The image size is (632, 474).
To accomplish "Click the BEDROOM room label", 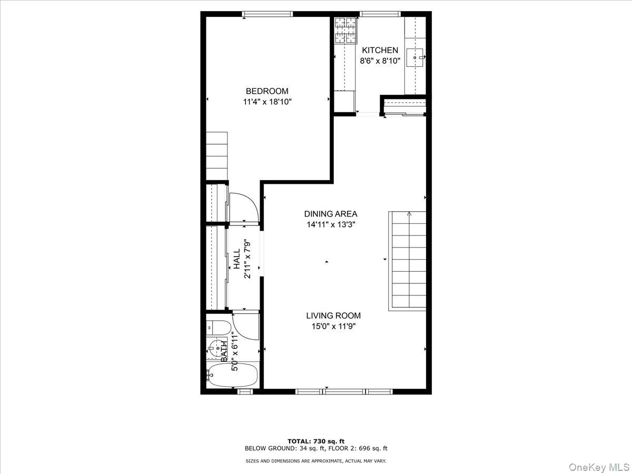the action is click(x=267, y=91).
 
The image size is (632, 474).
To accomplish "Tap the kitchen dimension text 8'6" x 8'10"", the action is click(x=380, y=61).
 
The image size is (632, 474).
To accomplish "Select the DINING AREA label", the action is click(x=331, y=214).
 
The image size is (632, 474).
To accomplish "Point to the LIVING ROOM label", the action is click(x=333, y=315).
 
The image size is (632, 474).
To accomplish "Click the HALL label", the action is click(x=236, y=259).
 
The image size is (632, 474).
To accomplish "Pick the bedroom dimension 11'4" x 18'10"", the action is click(x=267, y=102).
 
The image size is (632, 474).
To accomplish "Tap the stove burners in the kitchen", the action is click(x=345, y=31).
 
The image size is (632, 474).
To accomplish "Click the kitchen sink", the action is click(x=415, y=57).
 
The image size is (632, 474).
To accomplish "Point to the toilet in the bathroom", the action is click(x=219, y=328).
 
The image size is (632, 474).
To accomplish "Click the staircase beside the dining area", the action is click(x=407, y=261).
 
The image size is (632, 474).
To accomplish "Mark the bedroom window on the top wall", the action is click(x=267, y=14).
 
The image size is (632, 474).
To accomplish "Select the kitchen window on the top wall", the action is click(x=380, y=14).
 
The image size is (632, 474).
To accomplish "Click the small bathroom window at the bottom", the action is click(x=245, y=391).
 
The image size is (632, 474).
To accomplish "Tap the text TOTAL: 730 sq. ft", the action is click(x=316, y=449).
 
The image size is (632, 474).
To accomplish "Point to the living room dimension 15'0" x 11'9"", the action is click(x=334, y=327).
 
